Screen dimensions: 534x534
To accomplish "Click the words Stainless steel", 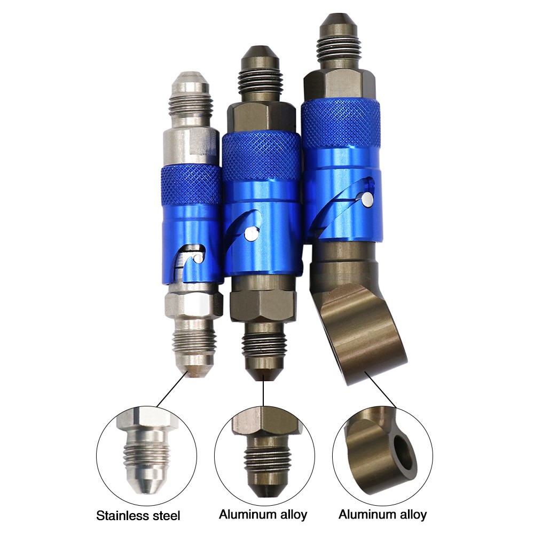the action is (x=138, y=515).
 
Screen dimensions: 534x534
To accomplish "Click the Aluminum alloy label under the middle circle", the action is (x=263, y=514).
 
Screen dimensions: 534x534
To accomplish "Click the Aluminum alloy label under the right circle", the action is (x=382, y=514).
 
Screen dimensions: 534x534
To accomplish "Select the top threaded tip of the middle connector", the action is (x=260, y=73).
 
